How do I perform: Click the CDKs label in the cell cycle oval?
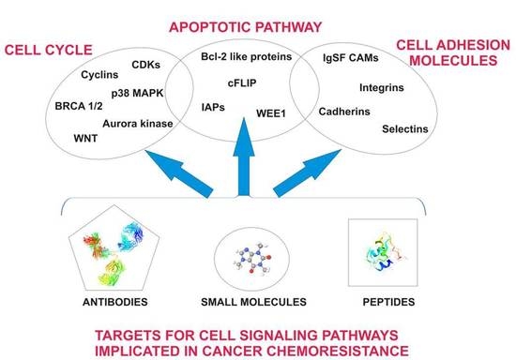tap(145, 65)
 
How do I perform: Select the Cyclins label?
tap(99, 75)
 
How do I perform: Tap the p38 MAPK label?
tap(137, 94)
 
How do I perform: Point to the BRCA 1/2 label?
tap(79, 106)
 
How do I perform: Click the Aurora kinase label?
tap(138, 124)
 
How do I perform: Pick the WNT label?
tap(85, 138)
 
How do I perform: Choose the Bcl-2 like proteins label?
tap(246, 56)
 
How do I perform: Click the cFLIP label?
tap(242, 82)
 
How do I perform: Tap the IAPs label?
tap(213, 107)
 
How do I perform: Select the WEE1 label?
tap(271, 113)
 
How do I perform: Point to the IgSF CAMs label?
tap(351, 58)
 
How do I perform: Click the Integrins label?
tap(382, 87)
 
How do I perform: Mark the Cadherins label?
tap(344, 112)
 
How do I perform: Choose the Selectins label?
tap(405, 128)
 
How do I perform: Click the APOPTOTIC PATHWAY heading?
tap(245, 27)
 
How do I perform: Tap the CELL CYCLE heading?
tap(49, 50)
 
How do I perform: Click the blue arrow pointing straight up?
tap(244, 157)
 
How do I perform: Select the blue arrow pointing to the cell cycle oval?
tap(178, 173)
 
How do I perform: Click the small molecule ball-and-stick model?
tap(251, 259)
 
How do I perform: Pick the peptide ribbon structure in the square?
tap(385, 252)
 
